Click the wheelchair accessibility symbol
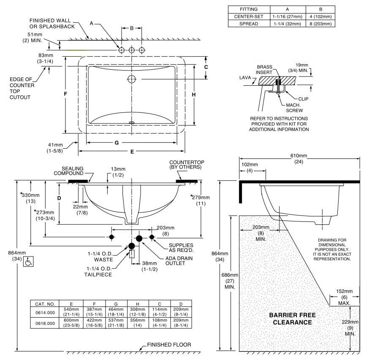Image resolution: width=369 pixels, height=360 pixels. pyautogui.click(x=28, y=262)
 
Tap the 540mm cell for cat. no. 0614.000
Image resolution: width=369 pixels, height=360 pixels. pyautogui.click(x=71, y=312)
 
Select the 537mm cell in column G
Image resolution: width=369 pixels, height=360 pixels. pyautogui.click(x=116, y=323)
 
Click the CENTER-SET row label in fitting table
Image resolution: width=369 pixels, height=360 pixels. pyautogui.click(x=249, y=16)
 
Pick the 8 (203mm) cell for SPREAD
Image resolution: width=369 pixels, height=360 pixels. pyautogui.click(x=320, y=24)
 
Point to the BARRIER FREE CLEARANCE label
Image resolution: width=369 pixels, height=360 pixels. pyautogui.click(x=292, y=319)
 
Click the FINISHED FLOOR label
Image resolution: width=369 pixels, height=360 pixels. pyautogui.click(x=169, y=345)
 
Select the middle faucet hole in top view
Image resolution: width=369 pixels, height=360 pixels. pyautogui.click(x=132, y=50)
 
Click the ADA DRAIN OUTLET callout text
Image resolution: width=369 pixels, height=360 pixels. pyautogui.click(x=179, y=261)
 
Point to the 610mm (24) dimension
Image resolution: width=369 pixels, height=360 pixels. pyautogui.click(x=298, y=158)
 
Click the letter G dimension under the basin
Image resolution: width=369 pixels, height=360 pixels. pyautogui.click(x=117, y=143)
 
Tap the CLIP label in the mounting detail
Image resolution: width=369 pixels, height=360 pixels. pyautogui.click(x=303, y=99)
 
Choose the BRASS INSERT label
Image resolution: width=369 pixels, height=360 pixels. pyautogui.click(x=264, y=70)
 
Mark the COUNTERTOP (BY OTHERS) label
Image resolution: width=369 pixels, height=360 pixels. pyautogui.click(x=187, y=165)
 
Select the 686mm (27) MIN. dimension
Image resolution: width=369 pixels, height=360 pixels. pyautogui.click(x=230, y=281)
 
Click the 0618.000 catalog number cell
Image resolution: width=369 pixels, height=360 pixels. pyautogui.click(x=45, y=323)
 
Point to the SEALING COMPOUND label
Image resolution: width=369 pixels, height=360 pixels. pyautogui.click(x=68, y=171)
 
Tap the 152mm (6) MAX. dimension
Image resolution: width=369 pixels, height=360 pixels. pyautogui.click(x=344, y=297)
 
